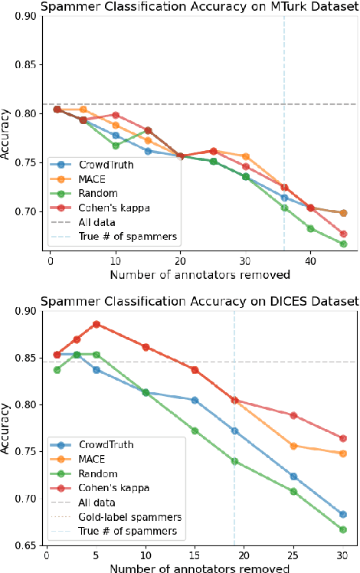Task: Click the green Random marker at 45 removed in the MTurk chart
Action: [x=343, y=244]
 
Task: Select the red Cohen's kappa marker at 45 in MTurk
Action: [x=343, y=234]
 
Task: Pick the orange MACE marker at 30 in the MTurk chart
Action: [x=245, y=156]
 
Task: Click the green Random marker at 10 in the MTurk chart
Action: [x=116, y=146]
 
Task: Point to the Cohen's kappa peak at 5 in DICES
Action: [x=97, y=324]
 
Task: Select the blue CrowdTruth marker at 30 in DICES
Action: [x=343, y=515]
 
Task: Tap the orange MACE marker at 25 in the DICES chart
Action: [x=293, y=446]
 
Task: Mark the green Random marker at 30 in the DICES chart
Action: [x=343, y=529]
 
